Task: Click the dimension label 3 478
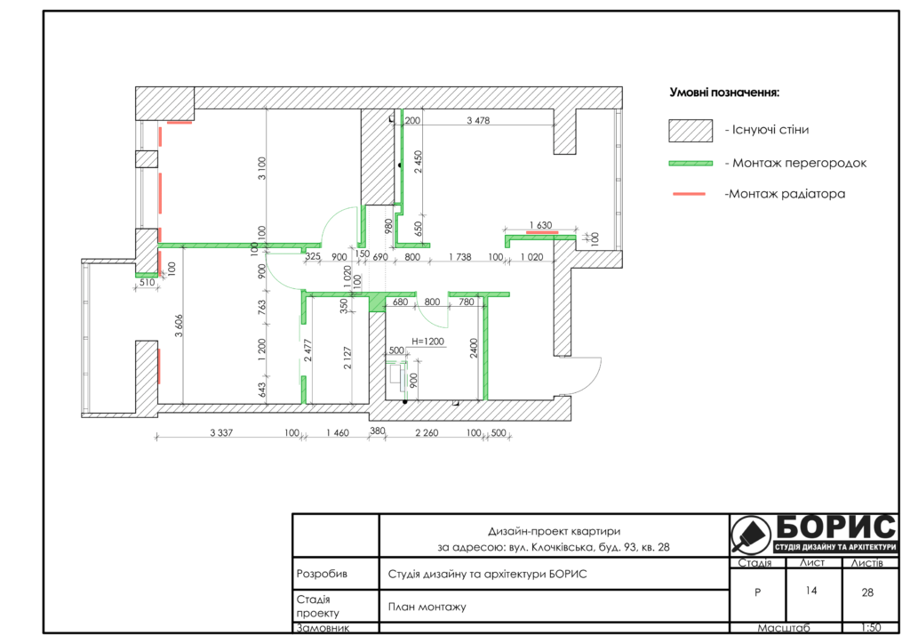478,120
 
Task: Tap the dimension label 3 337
221,432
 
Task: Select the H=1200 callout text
427,342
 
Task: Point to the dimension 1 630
540,225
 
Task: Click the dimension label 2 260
427,432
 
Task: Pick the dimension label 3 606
179,326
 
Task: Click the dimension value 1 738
460,257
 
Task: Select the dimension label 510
148,282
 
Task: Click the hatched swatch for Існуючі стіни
690,131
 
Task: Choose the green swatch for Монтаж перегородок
690,164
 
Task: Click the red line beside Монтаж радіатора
689,194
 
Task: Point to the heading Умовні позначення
724,93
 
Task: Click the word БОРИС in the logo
835,527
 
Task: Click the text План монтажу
427,607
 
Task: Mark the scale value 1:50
871,628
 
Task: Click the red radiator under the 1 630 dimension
542,232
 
